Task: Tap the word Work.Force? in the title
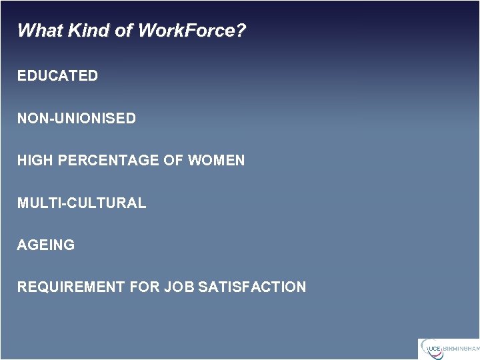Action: coord(191,31)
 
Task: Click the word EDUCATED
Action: coord(57,76)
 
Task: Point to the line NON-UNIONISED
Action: coord(77,119)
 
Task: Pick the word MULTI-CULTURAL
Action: coord(81,203)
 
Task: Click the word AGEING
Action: coord(46,245)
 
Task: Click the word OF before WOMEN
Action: coord(175,161)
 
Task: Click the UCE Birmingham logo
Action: coord(448,349)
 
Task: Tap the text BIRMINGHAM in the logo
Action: coord(461,349)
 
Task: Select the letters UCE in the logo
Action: coord(434,349)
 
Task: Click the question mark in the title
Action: coord(241,31)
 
